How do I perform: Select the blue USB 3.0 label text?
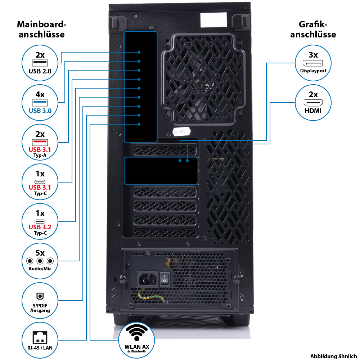coord(40,111)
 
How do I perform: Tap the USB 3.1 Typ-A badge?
coord(40,143)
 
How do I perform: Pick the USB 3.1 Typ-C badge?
coord(40,183)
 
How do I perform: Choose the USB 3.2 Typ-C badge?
coord(40,222)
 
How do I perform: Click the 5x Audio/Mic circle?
coord(40,261)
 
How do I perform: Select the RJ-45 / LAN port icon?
coord(40,337)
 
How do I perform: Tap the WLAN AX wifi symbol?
coord(136,333)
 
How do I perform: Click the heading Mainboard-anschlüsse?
coord(42,30)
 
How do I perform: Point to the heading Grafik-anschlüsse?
coord(313,30)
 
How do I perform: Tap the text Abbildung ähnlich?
coord(333,355)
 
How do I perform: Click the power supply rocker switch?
coord(165,279)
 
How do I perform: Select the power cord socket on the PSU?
coord(148,278)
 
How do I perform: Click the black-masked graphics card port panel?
coord(161,170)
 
